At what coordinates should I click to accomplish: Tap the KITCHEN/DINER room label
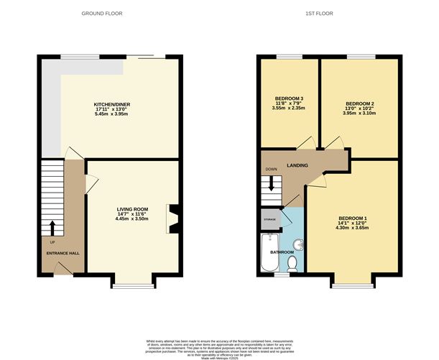[111, 105]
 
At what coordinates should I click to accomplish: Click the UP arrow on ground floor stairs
[52, 228]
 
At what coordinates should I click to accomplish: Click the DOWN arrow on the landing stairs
[272, 183]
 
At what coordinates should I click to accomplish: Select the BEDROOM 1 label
[352, 218]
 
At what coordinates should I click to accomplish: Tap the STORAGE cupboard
[269, 218]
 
